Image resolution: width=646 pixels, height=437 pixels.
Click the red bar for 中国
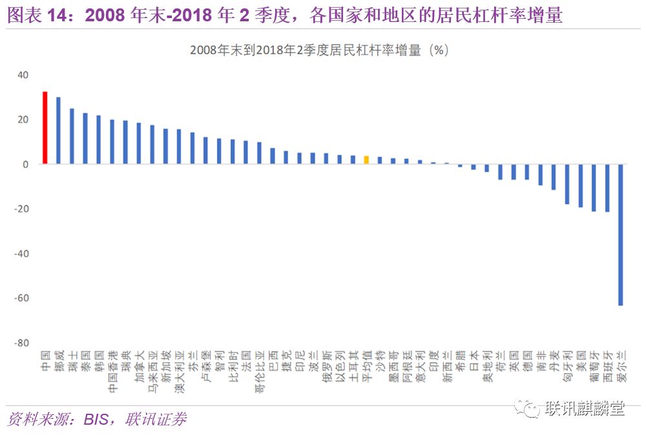coord(45,127)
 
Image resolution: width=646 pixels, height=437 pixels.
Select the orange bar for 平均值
coord(366,160)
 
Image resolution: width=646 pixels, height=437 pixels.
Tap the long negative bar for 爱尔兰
coord(621,234)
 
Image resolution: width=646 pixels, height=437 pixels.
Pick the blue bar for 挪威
coord(58,131)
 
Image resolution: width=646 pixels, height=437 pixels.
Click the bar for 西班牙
coord(607,187)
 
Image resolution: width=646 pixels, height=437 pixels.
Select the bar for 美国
coord(580,186)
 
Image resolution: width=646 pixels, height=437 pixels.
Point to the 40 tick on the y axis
coord(23,75)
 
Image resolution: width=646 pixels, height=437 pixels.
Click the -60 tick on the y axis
coord(21,298)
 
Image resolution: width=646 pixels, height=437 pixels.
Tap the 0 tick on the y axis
coord(26,164)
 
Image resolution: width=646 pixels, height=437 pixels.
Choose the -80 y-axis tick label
coord(21,343)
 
